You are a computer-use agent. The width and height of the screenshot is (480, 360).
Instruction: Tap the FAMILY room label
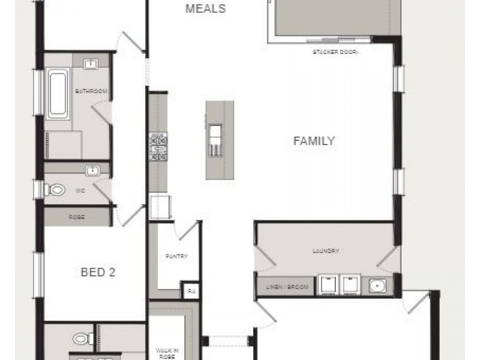click(314, 141)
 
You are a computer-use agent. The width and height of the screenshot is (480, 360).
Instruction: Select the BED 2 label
click(98, 272)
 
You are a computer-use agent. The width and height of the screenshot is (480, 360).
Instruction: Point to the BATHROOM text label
click(91, 91)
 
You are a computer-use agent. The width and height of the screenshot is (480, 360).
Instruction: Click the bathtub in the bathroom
click(58, 94)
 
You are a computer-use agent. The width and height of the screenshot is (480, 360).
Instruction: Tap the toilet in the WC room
click(56, 190)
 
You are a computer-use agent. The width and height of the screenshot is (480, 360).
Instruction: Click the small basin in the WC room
click(92, 171)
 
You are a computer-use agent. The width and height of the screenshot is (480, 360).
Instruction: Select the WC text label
click(79, 191)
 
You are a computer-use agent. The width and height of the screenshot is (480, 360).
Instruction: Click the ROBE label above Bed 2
click(77, 217)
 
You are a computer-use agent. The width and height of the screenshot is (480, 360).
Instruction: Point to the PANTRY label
click(176, 256)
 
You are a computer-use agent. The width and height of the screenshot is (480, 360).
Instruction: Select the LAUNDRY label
click(326, 251)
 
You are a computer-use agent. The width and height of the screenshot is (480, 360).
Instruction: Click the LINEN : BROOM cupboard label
click(287, 287)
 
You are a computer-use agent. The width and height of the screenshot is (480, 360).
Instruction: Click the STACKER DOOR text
click(335, 52)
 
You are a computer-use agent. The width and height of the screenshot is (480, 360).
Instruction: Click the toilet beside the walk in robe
click(82, 339)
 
